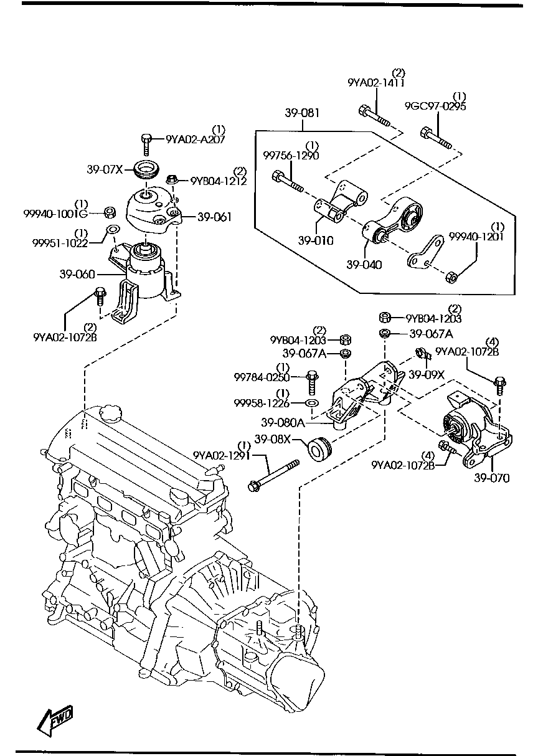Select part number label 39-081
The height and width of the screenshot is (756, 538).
coord(302,113)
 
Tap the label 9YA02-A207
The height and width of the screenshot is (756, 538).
coord(195,140)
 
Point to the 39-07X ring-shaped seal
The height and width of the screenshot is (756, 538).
coord(147,168)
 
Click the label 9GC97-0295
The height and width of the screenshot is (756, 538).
coord(435,106)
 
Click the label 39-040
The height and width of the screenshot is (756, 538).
coord(364,265)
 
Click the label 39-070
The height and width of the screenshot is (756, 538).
coord(491,478)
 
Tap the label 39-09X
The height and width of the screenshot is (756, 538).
coord(426,375)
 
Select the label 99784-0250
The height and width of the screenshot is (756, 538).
coord(262,377)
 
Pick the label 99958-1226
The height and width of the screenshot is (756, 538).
coord(262,404)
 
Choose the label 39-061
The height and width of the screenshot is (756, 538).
coord(214,217)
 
